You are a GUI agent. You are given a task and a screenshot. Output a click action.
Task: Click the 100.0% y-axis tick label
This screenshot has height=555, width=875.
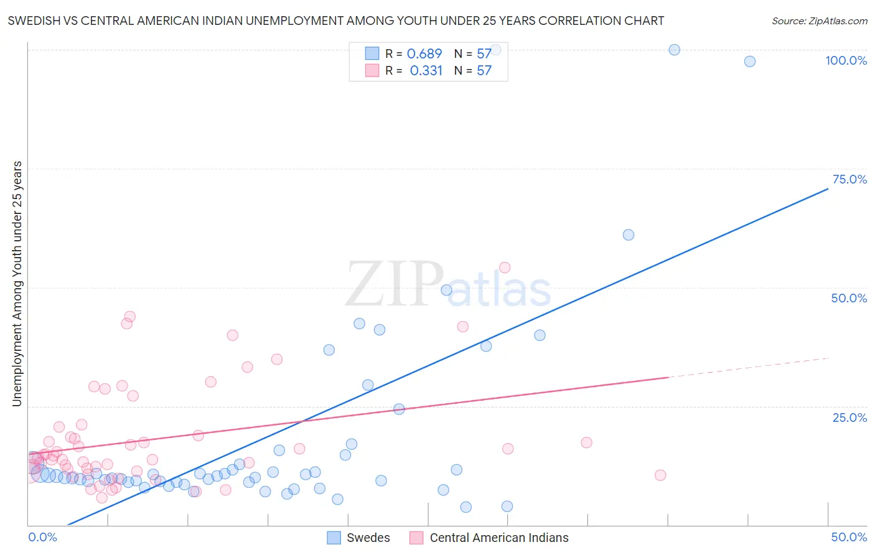846,60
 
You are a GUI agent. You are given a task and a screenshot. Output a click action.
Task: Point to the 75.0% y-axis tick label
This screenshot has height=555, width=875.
849,179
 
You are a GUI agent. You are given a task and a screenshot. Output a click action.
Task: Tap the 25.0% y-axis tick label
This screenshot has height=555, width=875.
849,417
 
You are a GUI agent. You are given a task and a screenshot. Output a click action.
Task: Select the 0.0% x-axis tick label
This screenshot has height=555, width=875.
42,537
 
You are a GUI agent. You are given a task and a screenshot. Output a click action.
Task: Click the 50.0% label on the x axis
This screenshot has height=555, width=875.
849,537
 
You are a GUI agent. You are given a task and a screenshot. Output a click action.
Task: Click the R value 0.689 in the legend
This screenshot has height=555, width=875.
424,54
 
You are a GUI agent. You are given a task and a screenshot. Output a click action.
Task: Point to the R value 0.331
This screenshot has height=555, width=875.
426,71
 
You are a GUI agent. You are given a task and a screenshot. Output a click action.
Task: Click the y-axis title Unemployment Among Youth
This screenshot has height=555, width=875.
17,284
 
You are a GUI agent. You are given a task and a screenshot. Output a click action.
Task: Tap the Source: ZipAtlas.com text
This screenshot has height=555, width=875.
819,21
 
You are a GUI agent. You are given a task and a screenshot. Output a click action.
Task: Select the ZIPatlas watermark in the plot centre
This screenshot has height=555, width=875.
448,285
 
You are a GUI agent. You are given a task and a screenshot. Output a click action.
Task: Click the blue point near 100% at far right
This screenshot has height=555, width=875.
750,61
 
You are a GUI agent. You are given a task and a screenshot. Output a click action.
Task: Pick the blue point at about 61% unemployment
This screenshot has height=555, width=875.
629,235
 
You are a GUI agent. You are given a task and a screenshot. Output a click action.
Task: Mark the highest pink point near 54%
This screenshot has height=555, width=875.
505,268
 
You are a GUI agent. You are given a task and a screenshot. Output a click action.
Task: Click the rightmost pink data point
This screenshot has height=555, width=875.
660,475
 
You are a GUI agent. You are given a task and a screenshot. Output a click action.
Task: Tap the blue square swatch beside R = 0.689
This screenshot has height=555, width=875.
372,54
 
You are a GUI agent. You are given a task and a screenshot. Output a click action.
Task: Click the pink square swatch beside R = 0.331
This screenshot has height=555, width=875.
372,71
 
